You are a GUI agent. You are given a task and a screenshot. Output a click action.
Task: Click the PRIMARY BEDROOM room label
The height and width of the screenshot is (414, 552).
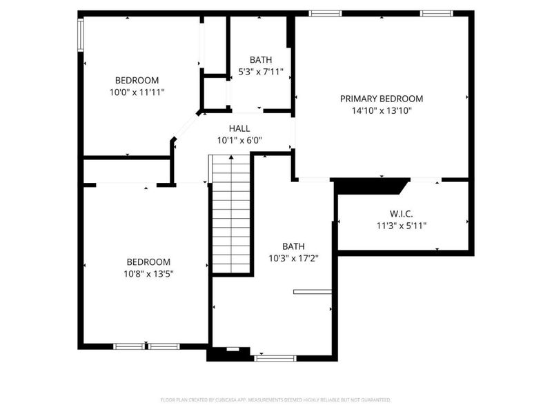coord(382,99)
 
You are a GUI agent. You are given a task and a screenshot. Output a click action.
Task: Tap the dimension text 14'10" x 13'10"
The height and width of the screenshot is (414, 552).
coord(382,110)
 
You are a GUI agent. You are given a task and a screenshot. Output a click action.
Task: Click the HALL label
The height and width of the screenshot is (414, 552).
coord(239,128)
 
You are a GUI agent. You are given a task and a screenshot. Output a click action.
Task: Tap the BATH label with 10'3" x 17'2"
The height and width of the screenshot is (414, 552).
coord(293,246)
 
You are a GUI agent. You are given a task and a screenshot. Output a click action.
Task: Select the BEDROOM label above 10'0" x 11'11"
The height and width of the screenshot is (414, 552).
coord(137,80)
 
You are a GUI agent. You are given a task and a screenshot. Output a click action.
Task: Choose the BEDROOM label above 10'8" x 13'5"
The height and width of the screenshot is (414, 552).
coord(148,262)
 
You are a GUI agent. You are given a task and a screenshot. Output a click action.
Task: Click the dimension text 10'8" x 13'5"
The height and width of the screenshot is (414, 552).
coord(148,273)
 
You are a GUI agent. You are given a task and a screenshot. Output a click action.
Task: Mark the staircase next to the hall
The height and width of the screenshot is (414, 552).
coord(230,214)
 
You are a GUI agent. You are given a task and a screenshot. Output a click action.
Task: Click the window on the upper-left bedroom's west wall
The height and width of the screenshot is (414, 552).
coord(81,34)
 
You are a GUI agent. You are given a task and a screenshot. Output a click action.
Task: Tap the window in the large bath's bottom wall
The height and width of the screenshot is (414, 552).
coord(275,358)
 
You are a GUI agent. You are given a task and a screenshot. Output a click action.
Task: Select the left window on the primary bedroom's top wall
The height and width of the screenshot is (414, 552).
coord(324,13)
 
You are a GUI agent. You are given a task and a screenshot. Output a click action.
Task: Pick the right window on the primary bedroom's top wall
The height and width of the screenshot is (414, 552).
coord(436,13)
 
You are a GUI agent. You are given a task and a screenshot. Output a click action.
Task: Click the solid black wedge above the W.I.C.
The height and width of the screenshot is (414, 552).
coord(368,186)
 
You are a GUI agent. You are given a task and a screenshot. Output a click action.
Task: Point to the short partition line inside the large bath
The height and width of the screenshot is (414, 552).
coord(312,292)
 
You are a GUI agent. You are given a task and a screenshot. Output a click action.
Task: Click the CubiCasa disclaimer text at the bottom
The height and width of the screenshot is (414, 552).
coord(276,400)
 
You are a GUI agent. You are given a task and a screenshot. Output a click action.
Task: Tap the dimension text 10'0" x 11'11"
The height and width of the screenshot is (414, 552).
coord(137,92)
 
